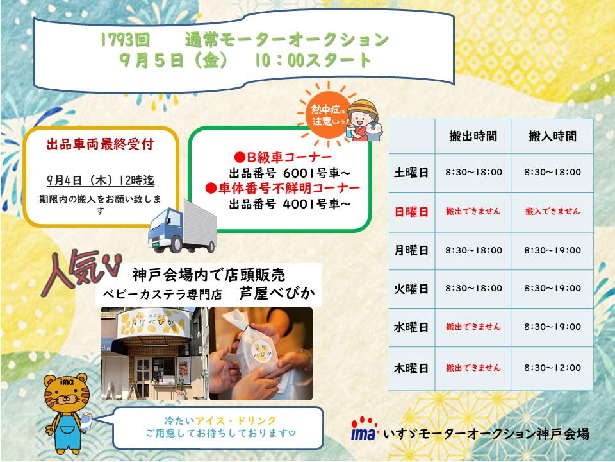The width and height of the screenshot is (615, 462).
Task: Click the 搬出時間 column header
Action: tap(473, 136)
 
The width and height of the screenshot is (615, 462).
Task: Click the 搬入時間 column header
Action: tap(552, 136)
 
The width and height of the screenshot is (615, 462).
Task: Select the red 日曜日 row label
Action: tap(411, 212)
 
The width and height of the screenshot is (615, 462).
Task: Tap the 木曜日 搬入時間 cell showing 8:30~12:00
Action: tap(552, 368)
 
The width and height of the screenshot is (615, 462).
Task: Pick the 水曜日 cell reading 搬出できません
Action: tap(473, 327)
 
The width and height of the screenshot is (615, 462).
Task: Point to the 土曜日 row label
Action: tap(411, 173)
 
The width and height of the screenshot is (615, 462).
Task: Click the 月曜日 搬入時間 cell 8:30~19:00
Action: tap(552, 250)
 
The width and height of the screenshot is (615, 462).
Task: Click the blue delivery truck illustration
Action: tap(183, 227)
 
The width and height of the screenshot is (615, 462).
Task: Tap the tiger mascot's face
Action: tap(66, 393)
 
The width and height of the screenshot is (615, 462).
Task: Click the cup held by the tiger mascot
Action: tap(86, 421)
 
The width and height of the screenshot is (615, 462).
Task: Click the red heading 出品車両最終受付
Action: tap(100, 144)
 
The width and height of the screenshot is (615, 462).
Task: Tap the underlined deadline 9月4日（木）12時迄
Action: tap(101, 180)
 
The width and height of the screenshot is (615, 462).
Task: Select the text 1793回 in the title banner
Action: tap(125, 40)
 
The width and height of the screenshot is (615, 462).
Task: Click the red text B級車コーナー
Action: tap(283, 157)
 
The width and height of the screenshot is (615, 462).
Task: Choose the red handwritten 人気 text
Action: tap(81, 272)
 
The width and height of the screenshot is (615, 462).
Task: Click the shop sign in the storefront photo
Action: tap(153, 323)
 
